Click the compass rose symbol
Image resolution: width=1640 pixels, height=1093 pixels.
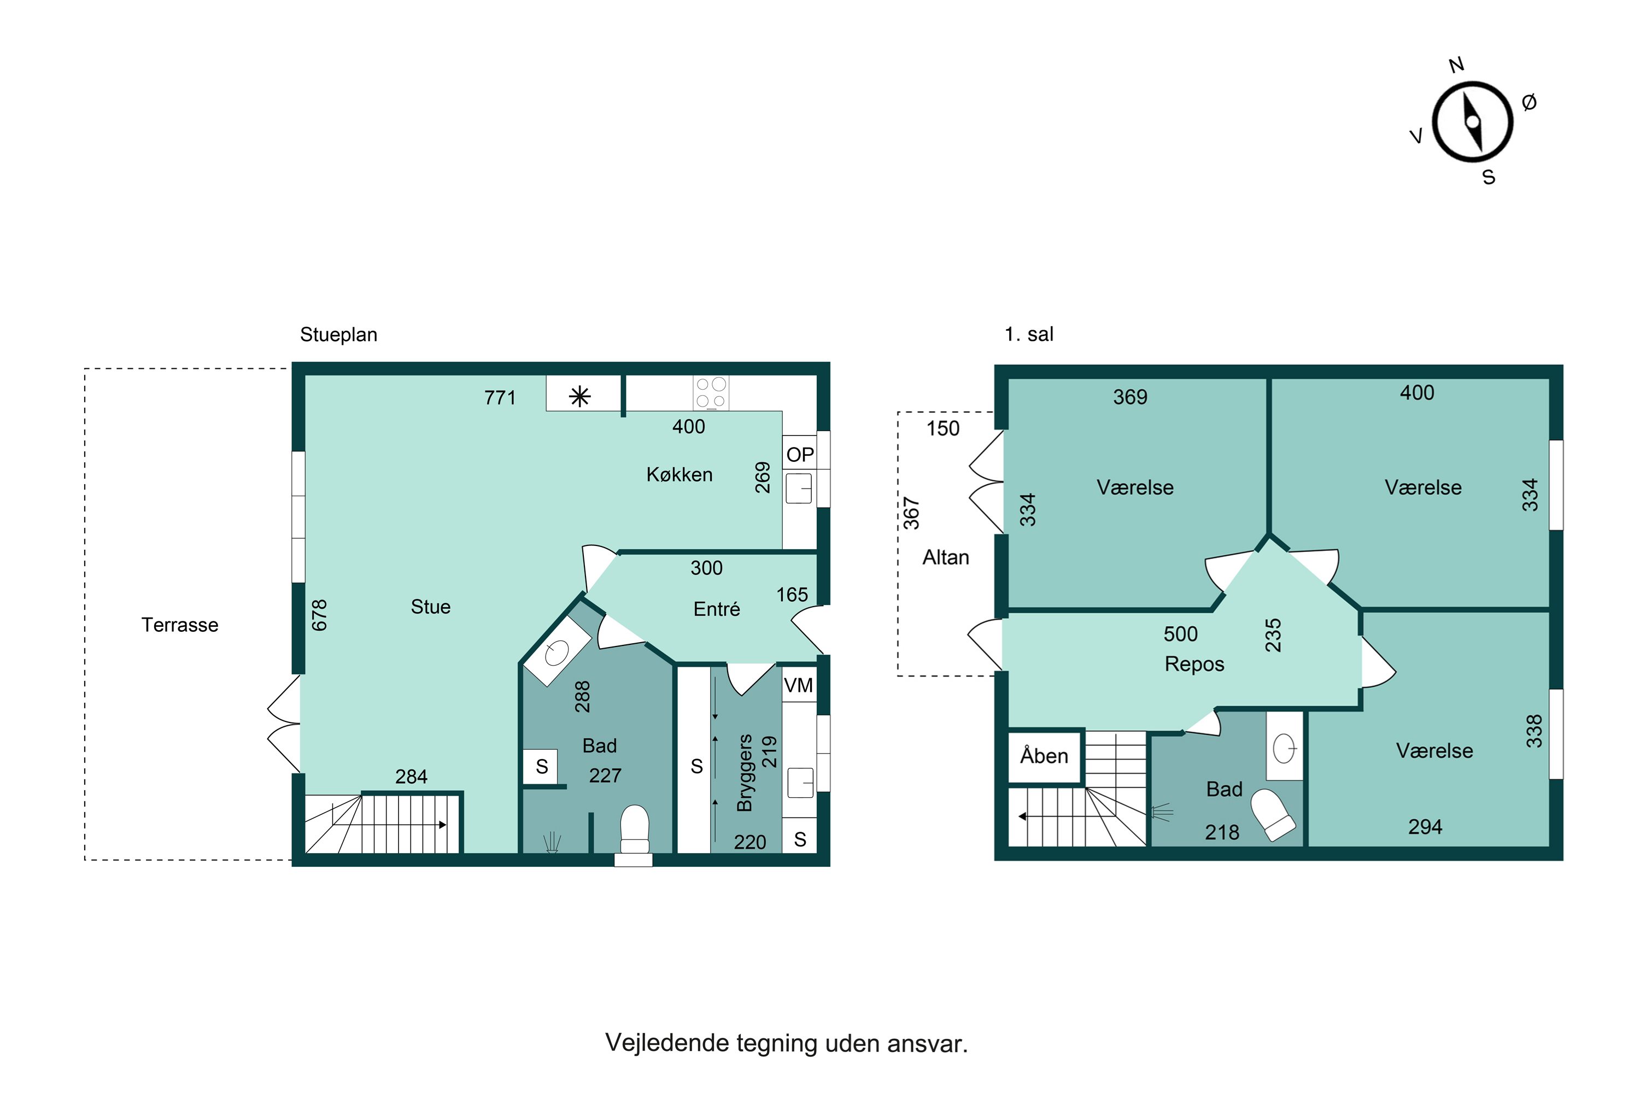click(1472, 122)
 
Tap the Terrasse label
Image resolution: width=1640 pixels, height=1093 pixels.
click(180, 625)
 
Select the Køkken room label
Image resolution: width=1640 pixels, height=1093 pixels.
click(679, 475)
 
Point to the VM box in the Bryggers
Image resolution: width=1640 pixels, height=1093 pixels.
click(798, 685)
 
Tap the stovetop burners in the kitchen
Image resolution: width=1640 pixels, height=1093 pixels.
click(711, 392)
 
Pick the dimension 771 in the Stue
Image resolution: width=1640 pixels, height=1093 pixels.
click(500, 398)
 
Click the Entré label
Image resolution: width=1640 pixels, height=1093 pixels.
click(716, 609)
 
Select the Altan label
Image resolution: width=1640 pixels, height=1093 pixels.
click(946, 557)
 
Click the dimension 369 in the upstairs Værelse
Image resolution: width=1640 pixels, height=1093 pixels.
click(1131, 397)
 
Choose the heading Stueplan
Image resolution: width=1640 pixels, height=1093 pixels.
click(338, 334)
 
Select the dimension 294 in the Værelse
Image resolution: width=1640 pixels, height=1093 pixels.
click(1425, 827)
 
